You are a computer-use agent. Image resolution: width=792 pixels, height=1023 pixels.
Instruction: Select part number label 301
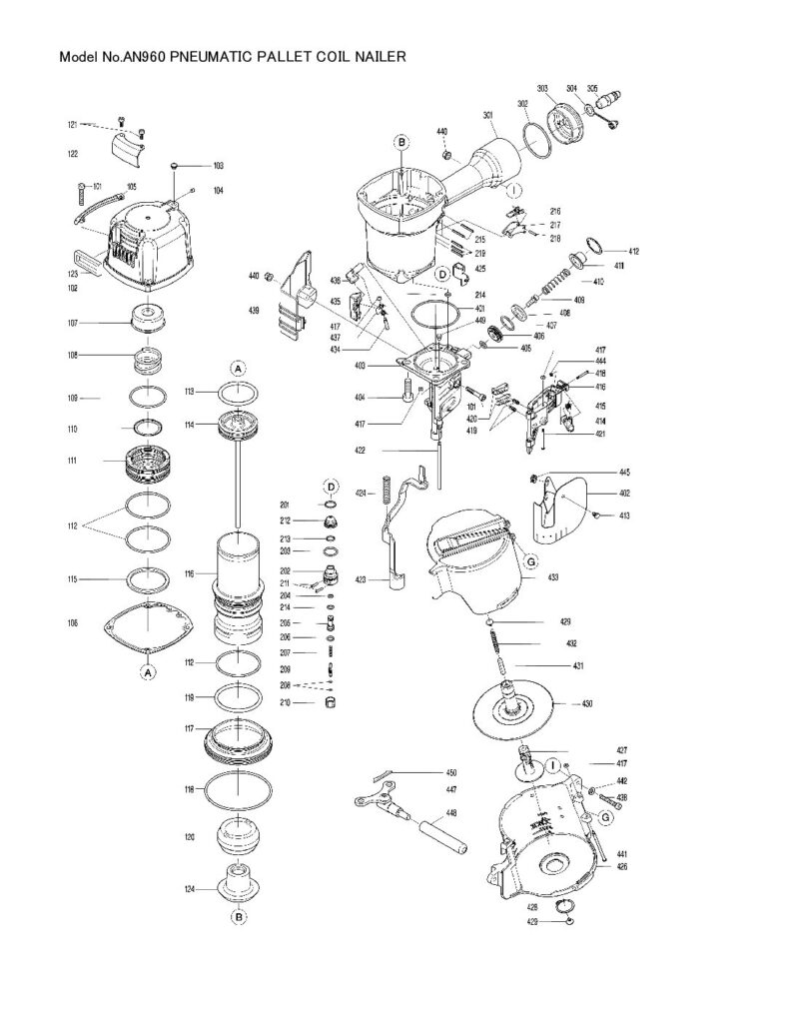488,116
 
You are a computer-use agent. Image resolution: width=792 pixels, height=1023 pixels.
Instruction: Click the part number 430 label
587,704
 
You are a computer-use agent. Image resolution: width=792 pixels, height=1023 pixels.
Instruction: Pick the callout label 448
451,813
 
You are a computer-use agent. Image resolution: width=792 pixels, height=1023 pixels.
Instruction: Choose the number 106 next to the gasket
72,623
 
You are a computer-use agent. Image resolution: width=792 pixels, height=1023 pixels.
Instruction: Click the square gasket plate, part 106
147,627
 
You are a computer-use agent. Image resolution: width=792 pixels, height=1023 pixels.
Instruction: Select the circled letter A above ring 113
238,368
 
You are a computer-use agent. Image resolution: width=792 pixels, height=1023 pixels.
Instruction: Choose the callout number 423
360,578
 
